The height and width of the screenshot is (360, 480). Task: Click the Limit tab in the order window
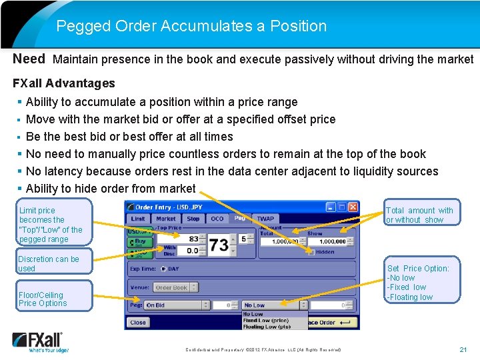pos(138,219)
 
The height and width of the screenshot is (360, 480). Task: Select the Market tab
pos(165,219)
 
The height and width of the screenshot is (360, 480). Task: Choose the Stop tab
pos(193,219)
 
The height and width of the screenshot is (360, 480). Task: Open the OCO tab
pos(217,219)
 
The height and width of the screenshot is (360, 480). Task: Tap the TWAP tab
pos(265,219)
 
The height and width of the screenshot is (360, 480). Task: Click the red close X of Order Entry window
pos(353,207)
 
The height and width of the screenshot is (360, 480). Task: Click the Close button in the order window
pos(138,323)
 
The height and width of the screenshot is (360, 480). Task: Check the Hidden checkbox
pos(311,252)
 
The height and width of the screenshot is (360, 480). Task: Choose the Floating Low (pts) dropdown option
pos(267,327)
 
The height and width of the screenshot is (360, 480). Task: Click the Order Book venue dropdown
pos(176,287)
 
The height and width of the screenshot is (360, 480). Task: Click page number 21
pos(463,349)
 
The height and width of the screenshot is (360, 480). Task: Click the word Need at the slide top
pos(29,59)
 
